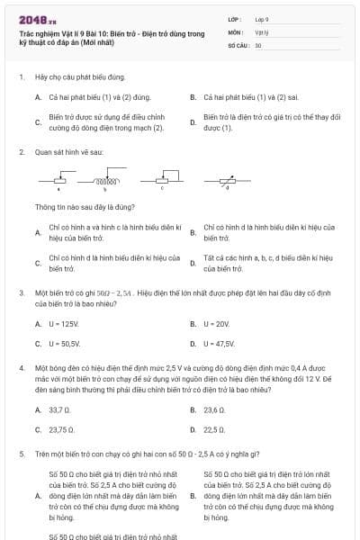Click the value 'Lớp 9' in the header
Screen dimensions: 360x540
point(262,18)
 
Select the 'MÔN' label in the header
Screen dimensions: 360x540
point(233,31)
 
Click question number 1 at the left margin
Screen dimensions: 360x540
point(22,78)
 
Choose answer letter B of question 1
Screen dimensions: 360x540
point(193,96)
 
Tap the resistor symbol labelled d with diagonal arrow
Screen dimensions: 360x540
point(227,182)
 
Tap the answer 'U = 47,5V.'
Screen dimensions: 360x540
point(219,344)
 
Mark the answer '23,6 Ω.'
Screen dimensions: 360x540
point(214,409)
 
